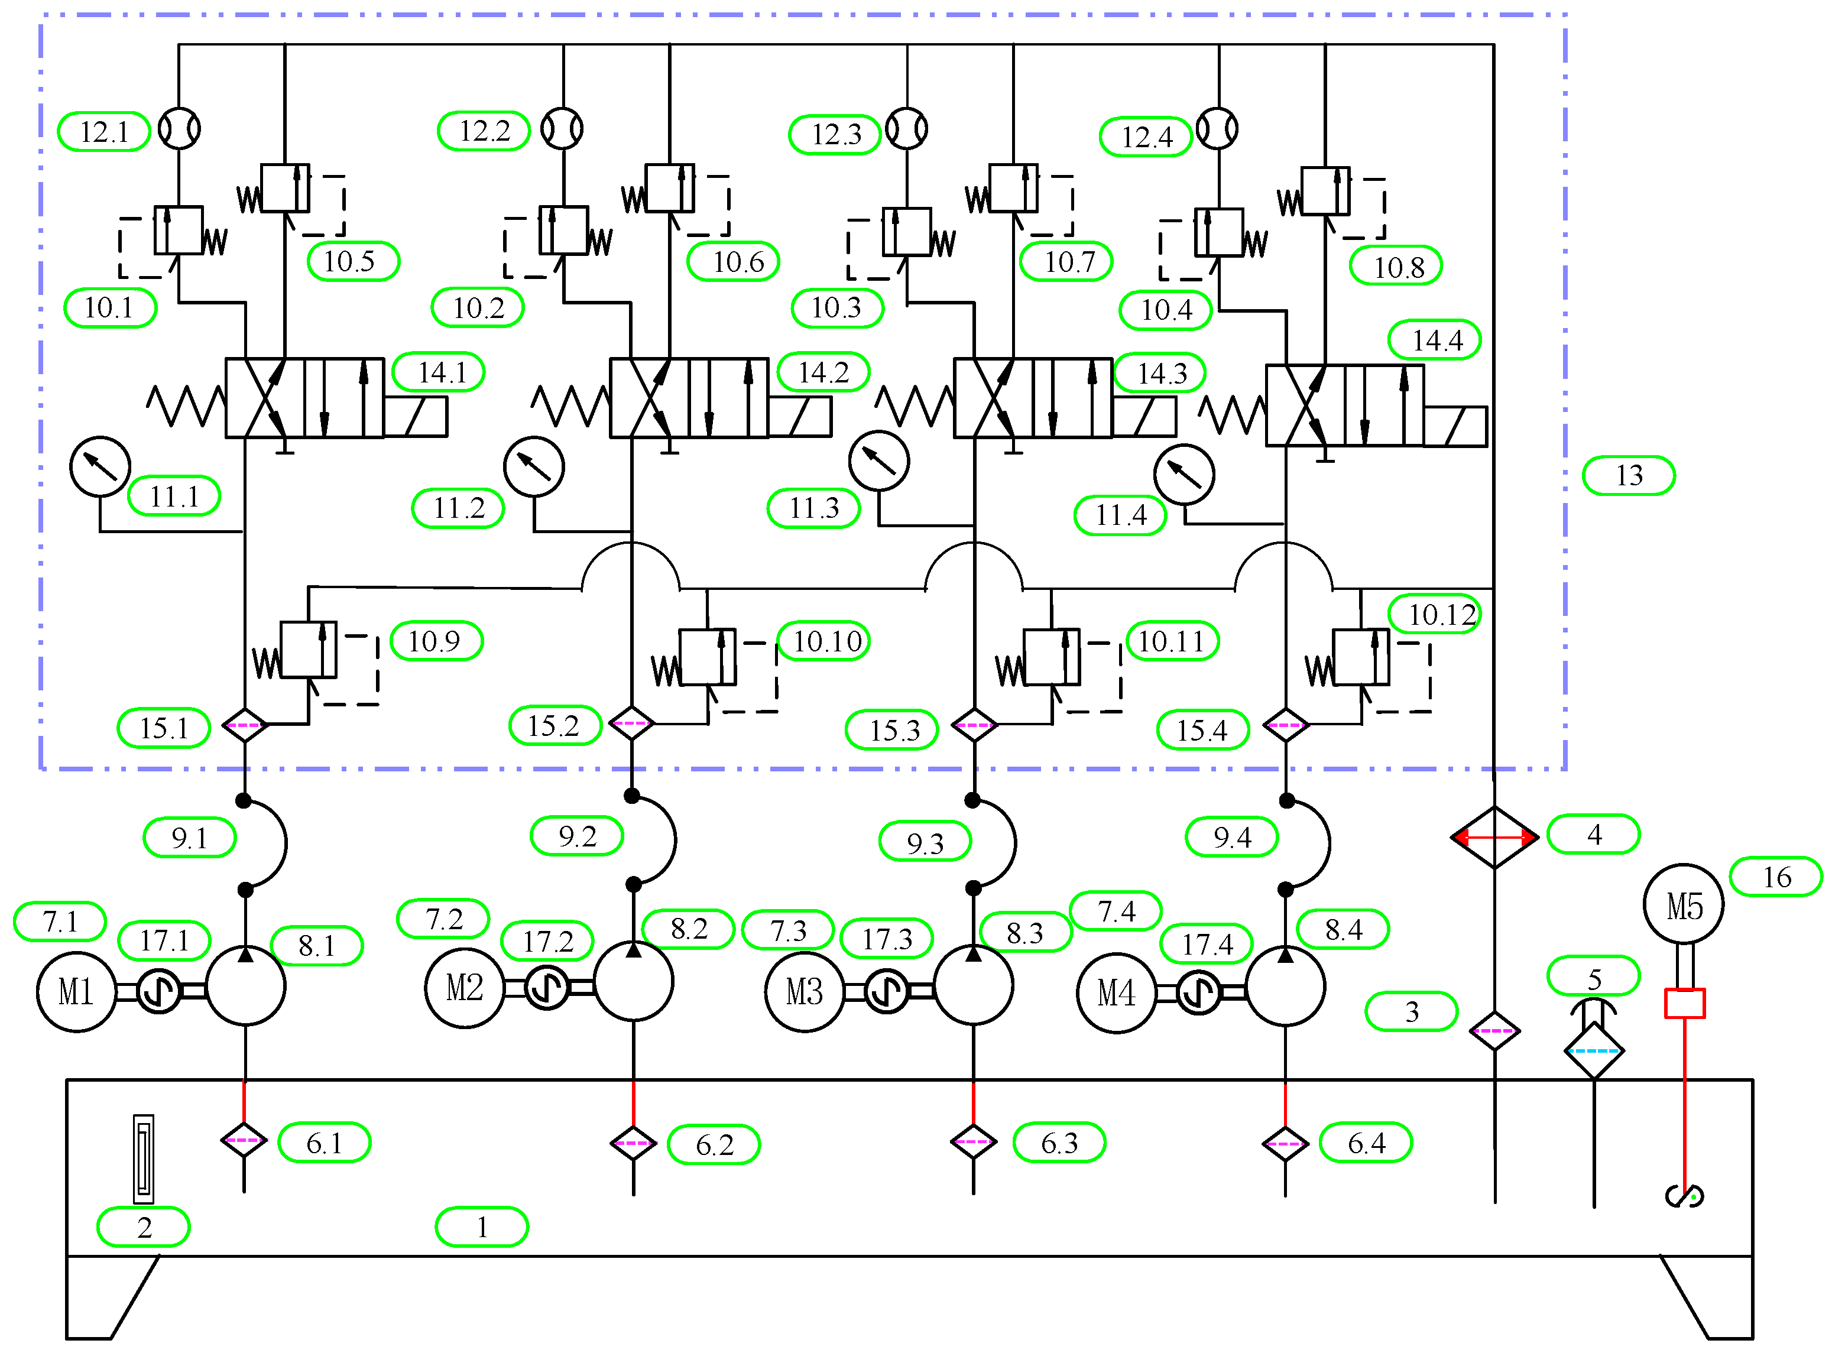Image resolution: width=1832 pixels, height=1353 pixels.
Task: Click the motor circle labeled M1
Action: point(76,992)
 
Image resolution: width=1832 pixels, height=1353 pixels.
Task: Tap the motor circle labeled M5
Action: point(1683,905)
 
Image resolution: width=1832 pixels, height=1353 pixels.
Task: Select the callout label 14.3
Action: point(1160,374)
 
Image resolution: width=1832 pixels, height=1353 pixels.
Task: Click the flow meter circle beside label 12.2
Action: point(563,129)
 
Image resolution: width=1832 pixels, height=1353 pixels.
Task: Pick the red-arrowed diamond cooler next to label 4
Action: point(1494,837)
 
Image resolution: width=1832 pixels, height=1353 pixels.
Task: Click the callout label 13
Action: point(1628,476)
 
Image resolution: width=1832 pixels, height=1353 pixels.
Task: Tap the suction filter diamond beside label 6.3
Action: point(973,1142)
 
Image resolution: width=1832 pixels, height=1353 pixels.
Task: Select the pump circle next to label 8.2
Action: point(633,981)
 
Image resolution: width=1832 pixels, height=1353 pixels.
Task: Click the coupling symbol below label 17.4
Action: point(1198,992)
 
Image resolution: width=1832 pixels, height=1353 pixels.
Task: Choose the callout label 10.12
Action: point(1434,614)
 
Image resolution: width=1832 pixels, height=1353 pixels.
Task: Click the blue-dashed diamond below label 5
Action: point(1594,1051)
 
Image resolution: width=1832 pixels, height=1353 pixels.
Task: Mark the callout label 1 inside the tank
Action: point(482,1227)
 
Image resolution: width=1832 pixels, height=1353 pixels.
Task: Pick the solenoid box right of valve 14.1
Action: point(415,417)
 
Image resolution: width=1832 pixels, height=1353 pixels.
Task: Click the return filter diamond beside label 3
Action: point(1494,1031)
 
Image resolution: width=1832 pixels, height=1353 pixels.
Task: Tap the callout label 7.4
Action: point(1116,911)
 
